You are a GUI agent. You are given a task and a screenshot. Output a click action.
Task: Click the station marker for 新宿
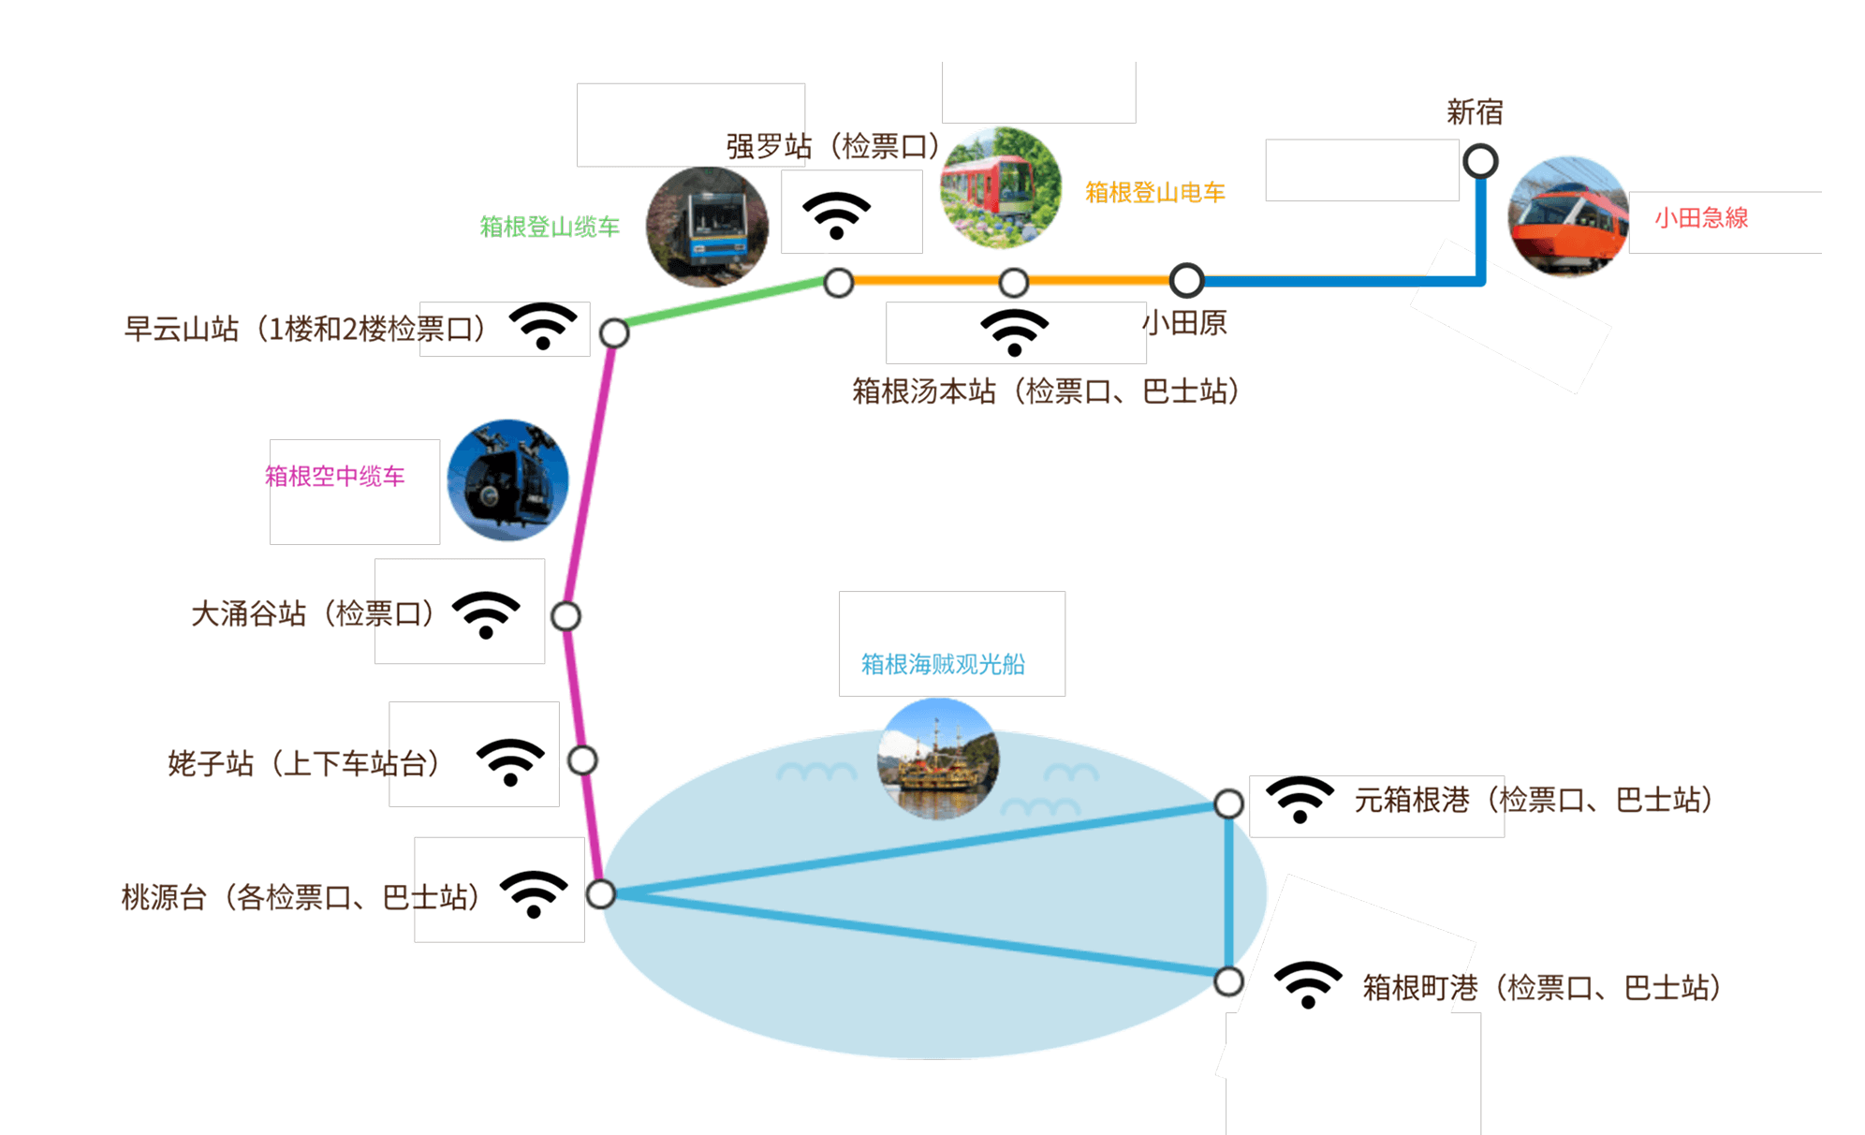(1480, 161)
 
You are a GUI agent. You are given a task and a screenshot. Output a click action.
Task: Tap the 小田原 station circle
(1186, 280)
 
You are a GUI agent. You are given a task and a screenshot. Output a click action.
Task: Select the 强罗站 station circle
(839, 282)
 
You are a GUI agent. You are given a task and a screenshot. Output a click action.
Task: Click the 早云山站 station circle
(614, 332)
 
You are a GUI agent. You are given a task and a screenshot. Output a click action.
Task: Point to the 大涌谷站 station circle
(565, 616)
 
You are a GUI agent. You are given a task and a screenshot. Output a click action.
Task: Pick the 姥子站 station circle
(582, 760)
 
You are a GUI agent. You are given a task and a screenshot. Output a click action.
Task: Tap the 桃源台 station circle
(601, 894)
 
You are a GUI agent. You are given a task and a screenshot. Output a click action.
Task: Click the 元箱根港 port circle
(1228, 803)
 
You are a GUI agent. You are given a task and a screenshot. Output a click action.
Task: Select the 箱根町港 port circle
(1228, 981)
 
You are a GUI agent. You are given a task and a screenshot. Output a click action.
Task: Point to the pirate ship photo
(938, 759)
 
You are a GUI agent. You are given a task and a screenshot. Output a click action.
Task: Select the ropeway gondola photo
(508, 480)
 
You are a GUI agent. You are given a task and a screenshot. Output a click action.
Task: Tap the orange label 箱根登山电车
(1154, 193)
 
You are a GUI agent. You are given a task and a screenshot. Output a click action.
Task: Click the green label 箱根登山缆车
(550, 227)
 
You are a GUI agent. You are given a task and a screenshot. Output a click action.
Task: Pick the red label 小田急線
(1701, 218)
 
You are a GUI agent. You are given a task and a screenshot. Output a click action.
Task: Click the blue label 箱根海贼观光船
(943, 664)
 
